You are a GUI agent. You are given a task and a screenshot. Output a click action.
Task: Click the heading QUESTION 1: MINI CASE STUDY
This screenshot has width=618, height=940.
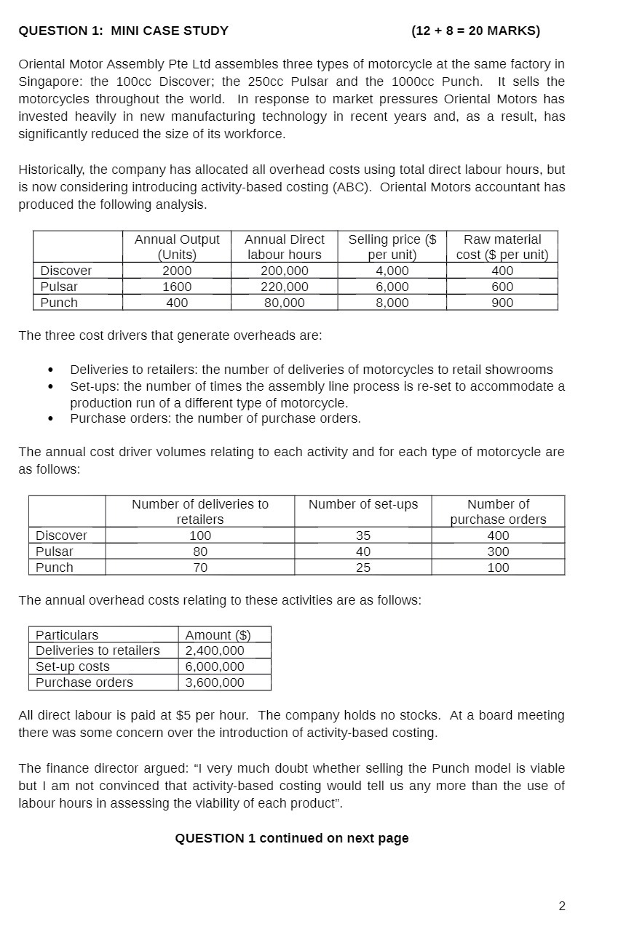click(123, 31)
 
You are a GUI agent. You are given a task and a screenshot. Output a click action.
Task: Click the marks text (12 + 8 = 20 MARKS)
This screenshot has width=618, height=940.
click(475, 31)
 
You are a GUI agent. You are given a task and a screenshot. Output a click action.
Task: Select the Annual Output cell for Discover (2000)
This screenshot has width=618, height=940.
click(177, 271)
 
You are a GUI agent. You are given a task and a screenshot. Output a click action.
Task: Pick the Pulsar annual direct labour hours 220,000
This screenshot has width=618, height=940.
click(284, 287)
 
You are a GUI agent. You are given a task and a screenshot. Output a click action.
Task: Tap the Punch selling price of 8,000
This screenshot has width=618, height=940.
click(392, 303)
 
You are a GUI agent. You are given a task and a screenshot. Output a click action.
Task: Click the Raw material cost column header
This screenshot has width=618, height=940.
click(502, 247)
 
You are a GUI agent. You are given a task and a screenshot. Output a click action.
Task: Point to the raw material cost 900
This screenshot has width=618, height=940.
click(502, 303)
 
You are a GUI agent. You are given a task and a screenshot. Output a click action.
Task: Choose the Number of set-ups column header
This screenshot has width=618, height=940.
click(363, 504)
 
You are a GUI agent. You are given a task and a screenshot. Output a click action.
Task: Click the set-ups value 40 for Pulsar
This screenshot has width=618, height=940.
click(363, 551)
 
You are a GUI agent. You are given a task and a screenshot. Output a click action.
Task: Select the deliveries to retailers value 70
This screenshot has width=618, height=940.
click(200, 567)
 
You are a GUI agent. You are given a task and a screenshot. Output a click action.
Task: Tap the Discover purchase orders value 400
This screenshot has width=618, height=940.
click(498, 535)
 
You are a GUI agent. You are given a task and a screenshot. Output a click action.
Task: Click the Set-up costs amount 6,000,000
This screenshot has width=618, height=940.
click(215, 666)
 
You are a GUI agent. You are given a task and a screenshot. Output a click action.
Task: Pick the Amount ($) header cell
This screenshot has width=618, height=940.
click(218, 635)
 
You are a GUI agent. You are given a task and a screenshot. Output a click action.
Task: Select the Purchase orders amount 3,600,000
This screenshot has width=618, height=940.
click(215, 682)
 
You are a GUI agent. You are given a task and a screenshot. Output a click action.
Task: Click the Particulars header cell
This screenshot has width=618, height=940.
click(67, 635)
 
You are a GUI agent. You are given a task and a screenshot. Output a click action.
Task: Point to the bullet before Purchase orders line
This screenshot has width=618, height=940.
click(50, 419)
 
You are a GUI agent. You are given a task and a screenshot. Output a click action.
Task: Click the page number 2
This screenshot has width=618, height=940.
click(561, 906)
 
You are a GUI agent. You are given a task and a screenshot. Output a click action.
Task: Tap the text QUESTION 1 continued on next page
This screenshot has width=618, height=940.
click(291, 838)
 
